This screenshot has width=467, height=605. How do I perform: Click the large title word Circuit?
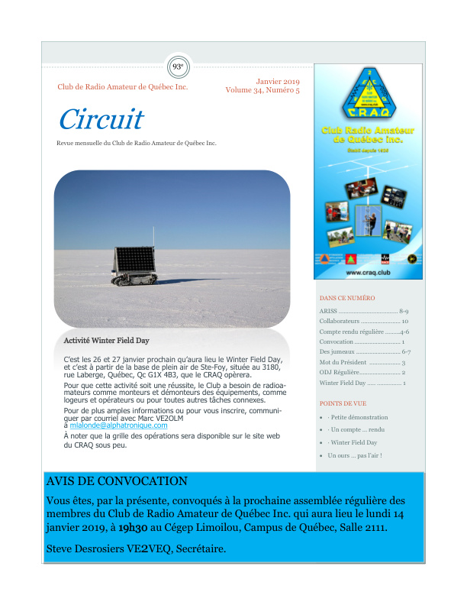pos(101,119)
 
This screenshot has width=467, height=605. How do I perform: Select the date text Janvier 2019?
pos(278,81)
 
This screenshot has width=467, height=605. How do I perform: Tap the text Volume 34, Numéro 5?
pos(262,90)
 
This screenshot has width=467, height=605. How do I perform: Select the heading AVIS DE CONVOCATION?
pos(117,481)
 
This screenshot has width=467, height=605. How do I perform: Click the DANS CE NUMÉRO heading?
pos(347,298)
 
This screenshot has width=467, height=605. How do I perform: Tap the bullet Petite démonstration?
pos(359,417)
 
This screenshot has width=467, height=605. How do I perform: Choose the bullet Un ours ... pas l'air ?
pos(355,455)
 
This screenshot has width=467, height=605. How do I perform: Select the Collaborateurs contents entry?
pos(340,322)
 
